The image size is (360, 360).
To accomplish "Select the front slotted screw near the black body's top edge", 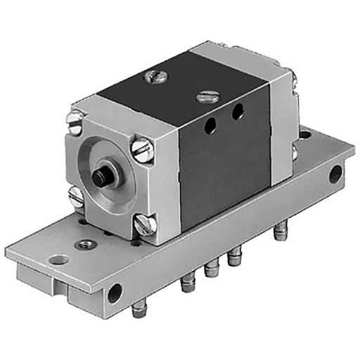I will pyautogui.click(x=206, y=96).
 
